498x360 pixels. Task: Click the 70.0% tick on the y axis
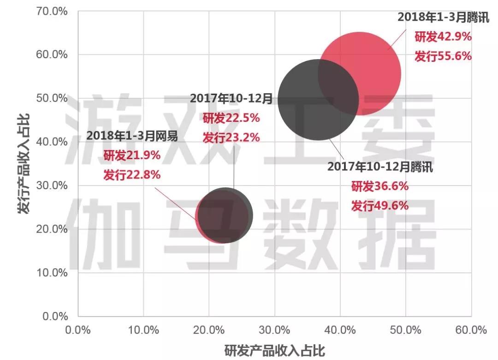click(x=52, y=11)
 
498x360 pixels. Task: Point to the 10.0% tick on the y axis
click(x=52, y=273)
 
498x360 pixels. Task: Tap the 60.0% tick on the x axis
click(x=471, y=330)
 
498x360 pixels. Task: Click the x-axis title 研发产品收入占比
click(x=275, y=350)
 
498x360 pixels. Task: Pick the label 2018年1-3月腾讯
click(x=443, y=17)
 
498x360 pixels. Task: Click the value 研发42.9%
click(x=443, y=36)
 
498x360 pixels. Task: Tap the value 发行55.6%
click(x=443, y=56)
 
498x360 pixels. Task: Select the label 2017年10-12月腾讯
click(x=380, y=167)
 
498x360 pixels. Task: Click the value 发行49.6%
click(x=380, y=205)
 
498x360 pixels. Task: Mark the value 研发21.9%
click(x=132, y=156)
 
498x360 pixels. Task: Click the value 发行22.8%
click(x=132, y=175)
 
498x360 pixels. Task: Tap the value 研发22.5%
click(x=231, y=118)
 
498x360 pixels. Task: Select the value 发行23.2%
click(x=231, y=137)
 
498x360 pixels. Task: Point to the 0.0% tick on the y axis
click(x=54, y=317)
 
